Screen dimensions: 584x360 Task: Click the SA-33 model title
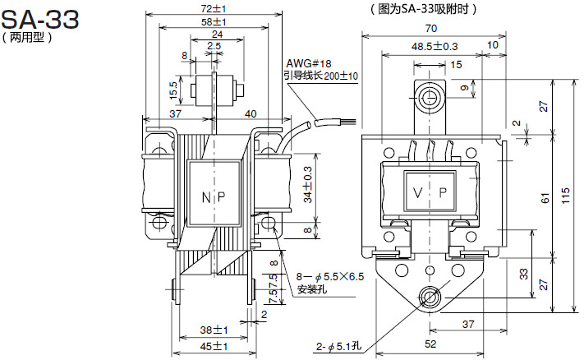(40, 20)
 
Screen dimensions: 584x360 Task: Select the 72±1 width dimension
(214, 8)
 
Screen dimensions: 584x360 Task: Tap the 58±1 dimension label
(214, 22)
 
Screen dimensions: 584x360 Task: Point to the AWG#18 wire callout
(308, 64)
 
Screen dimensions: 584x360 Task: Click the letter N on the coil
(206, 197)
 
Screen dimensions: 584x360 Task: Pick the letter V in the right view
(418, 192)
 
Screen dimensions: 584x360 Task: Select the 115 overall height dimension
(565, 196)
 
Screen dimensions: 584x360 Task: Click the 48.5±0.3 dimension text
(435, 47)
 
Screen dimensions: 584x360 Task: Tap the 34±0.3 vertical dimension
(308, 184)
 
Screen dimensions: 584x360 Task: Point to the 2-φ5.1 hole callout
(338, 347)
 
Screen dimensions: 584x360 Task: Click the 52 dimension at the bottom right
(430, 344)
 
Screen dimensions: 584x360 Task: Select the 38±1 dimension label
(214, 330)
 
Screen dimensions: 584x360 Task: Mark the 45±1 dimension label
(214, 346)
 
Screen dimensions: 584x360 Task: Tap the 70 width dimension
(430, 28)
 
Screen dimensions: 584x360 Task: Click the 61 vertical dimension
(545, 198)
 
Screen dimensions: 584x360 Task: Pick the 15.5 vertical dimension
(174, 90)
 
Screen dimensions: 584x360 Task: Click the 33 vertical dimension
(524, 275)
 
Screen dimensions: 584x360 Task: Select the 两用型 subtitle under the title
(27, 38)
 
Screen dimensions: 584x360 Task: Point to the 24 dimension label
(217, 35)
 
